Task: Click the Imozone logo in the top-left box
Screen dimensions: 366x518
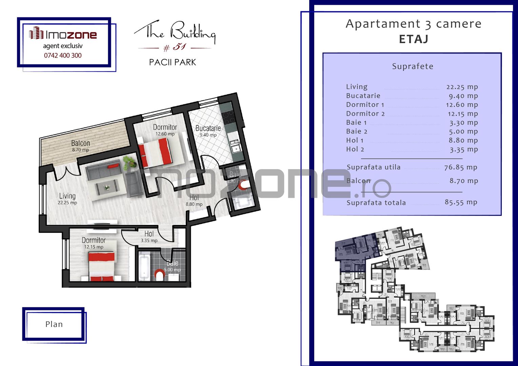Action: [63, 34]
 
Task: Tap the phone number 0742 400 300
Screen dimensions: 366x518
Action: [63, 56]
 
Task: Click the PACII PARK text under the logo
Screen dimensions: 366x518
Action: [173, 62]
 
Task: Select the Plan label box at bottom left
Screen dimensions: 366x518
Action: [54, 324]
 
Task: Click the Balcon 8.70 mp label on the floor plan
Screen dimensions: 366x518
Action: [80, 145]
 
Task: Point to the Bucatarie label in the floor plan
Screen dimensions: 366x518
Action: [208, 129]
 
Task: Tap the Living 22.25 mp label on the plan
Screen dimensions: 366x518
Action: [67, 198]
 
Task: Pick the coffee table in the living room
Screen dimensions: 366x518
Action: [107, 187]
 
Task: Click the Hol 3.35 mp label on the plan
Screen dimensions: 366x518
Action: [149, 236]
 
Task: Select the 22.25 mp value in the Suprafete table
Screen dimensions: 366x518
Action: [462, 87]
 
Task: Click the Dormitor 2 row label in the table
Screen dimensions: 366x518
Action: [365, 114]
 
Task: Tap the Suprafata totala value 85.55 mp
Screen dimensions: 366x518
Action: [461, 202]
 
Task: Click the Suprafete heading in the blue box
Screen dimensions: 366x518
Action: [413, 66]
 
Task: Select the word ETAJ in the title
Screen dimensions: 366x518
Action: [414, 39]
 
